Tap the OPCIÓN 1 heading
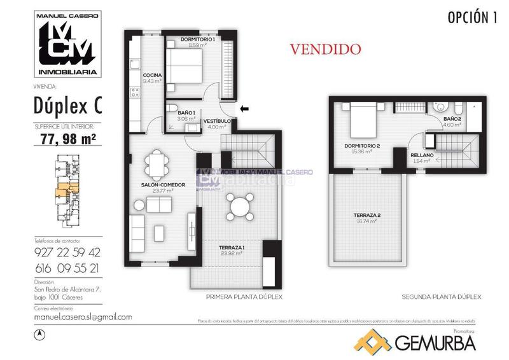(471, 17)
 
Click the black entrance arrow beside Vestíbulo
(244, 109)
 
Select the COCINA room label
(152, 76)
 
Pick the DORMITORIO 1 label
(198, 40)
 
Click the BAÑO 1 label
(178, 113)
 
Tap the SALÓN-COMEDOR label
(163, 184)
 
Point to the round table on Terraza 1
(237, 207)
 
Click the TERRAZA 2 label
(367, 216)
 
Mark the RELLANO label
(422, 155)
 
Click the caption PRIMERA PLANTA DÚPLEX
(244, 297)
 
